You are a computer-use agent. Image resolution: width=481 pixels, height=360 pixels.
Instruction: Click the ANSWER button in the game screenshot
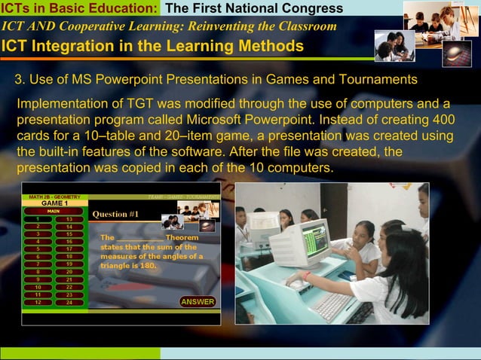point(198,302)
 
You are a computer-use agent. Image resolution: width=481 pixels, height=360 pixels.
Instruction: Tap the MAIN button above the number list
point(54,211)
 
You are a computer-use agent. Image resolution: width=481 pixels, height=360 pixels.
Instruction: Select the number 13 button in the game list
point(69,219)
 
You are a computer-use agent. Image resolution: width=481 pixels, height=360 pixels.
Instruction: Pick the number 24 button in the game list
point(69,302)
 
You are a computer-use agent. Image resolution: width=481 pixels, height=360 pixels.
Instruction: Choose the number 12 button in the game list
point(37,302)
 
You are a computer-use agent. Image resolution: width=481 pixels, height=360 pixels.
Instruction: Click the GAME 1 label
point(54,203)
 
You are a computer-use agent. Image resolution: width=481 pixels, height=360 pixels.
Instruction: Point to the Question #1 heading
point(115,214)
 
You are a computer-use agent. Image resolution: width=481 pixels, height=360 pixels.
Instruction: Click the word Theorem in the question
point(182,237)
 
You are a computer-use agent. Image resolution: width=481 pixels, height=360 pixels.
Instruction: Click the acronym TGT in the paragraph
point(151,103)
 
